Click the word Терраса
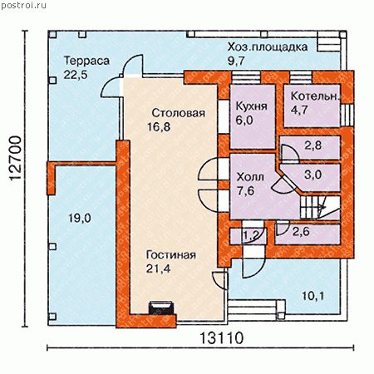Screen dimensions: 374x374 pyautogui.click(x=86, y=61)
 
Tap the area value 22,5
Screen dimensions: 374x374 pyautogui.click(x=76, y=75)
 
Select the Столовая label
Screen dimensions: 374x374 pyautogui.click(x=179, y=113)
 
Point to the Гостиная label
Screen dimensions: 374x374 pyautogui.click(x=171, y=255)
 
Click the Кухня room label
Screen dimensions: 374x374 pyautogui.click(x=252, y=106)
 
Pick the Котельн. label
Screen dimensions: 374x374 pyautogui.click(x=315, y=96)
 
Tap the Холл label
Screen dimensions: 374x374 pyautogui.click(x=250, y=177)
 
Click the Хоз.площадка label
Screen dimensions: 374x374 pyautogui.click(x=268, y=47)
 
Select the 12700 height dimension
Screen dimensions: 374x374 pyautogui.click(x=15, y=158)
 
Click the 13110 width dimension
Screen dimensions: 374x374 pyautogui.click(x=221, y=338)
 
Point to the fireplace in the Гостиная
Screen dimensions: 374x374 pyautogui.click(x=162, y=308)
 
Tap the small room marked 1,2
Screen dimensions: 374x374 pyautogui.click(x=248, y=236)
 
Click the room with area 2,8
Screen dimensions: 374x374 pyautogui.click(x=310, y=148)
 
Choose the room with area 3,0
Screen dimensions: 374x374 pyautogui.click(x=314, y=177)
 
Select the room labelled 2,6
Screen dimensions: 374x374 pyautogui.click(x=308, y=234)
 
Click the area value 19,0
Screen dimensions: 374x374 pyautogui.click(x=80, y=219)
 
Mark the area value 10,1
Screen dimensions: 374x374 pyautogui.click(x=312, y=297)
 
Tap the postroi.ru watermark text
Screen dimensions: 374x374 pyautogui.click(x=23, y=5)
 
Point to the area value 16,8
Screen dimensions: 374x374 pyautogui.click(x=159, y=127)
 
